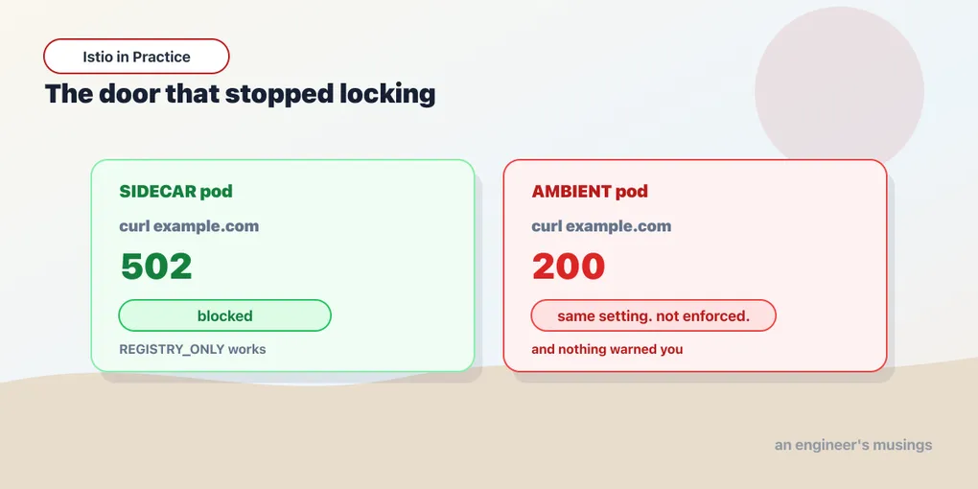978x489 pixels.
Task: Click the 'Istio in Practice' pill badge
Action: [136, 57]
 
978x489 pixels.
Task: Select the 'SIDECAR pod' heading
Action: [175, 192]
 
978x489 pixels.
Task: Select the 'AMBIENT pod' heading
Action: [590, 192]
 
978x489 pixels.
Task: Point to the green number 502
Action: [156, 267]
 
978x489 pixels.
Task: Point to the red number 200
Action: [569, 267]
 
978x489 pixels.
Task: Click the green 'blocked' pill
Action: [224, 315]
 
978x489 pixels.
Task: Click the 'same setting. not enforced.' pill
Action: [654, 315]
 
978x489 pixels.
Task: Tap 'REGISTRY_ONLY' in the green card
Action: [172, 349]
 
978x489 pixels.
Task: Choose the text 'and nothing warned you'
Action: [607, 349]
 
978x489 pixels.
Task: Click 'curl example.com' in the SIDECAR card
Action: [189, 226]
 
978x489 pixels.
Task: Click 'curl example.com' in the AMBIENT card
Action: [601, 226]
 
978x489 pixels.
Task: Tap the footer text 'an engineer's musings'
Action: [853, 445]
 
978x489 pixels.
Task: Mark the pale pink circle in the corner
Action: [839, 90]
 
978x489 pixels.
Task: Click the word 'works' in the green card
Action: [247, 349]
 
